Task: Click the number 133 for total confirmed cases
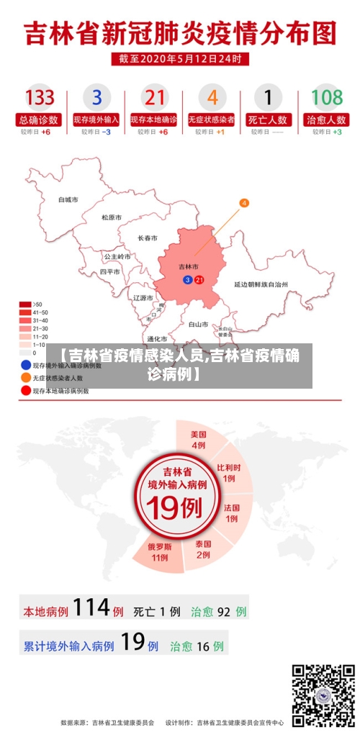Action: [x=40, y=96]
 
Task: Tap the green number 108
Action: [x=326, y=96]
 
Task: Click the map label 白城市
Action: [x=68, y=199]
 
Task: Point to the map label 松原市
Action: [x=111, y=217]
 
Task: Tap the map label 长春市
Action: [x=148, y=237]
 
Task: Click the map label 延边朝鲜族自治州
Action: [x=261, y=284]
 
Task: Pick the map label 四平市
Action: [x=110, y=272]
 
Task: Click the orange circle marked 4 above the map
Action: [x=244, y=204]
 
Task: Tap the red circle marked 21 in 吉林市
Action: [x=199, y=279]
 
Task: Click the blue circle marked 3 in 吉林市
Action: [x=188, y=279]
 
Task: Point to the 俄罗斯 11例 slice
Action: [x=160, y=551]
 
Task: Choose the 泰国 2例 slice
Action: [x=203, y=549]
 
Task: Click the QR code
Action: [x=323, y=695]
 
